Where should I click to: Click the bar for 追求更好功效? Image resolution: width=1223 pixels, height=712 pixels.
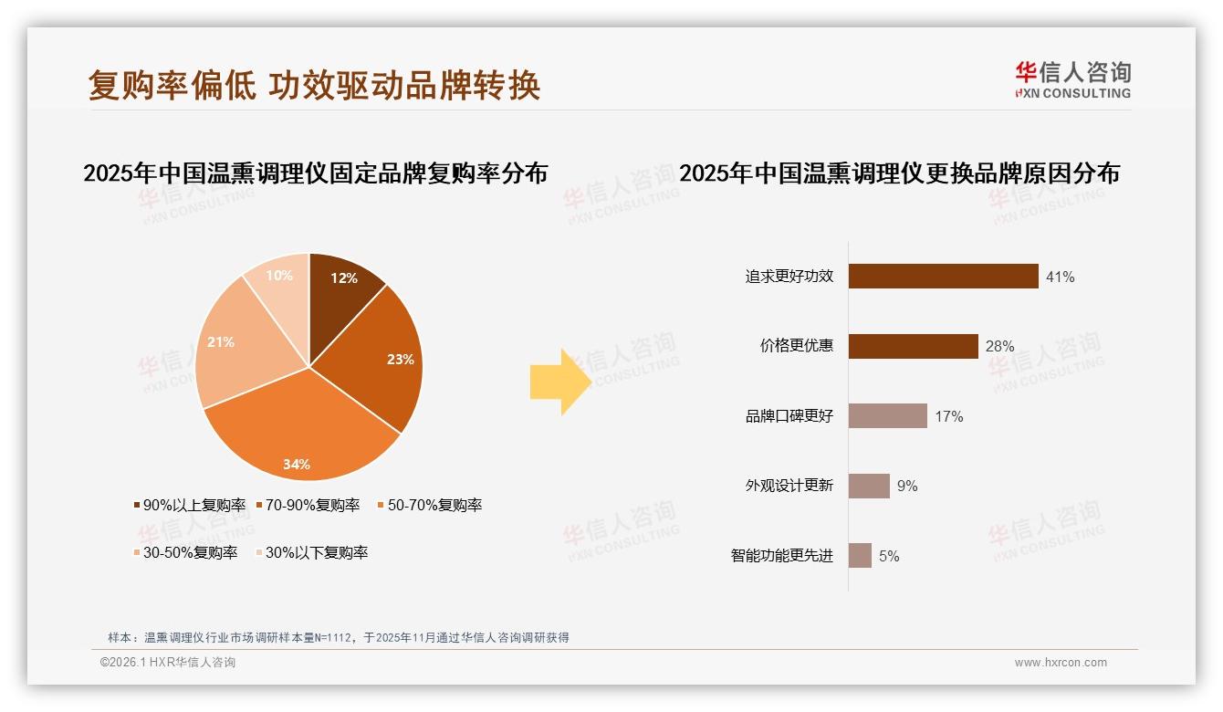tap(943, 276)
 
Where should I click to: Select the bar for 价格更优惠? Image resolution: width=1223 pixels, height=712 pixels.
tap(913, 346)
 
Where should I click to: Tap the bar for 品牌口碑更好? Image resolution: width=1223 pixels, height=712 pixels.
tap(887, 416)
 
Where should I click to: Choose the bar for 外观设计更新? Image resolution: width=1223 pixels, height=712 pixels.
tap(869, 486)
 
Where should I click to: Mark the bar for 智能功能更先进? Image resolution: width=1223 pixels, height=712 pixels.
tap(860, 556)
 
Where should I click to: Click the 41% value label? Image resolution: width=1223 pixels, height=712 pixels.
tap(1061, 277)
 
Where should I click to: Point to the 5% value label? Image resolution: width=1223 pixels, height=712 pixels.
tap(889, 556)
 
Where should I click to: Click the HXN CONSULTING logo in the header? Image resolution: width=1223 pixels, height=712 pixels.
tap(1072, 80)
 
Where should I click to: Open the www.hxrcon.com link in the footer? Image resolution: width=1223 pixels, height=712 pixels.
tap(1061, 663)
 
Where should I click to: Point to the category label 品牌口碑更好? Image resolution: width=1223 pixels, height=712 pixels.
tap(789, 416)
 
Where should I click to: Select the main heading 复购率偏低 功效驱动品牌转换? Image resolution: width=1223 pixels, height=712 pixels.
tap(315, 85)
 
